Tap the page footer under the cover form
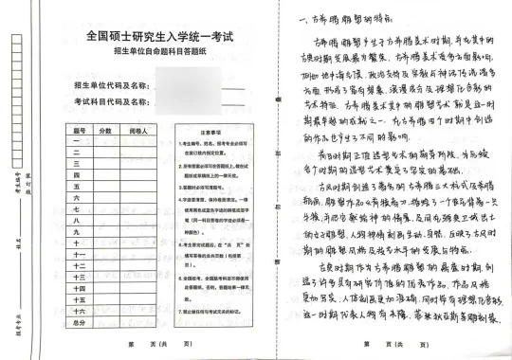[x=153, y=345]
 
